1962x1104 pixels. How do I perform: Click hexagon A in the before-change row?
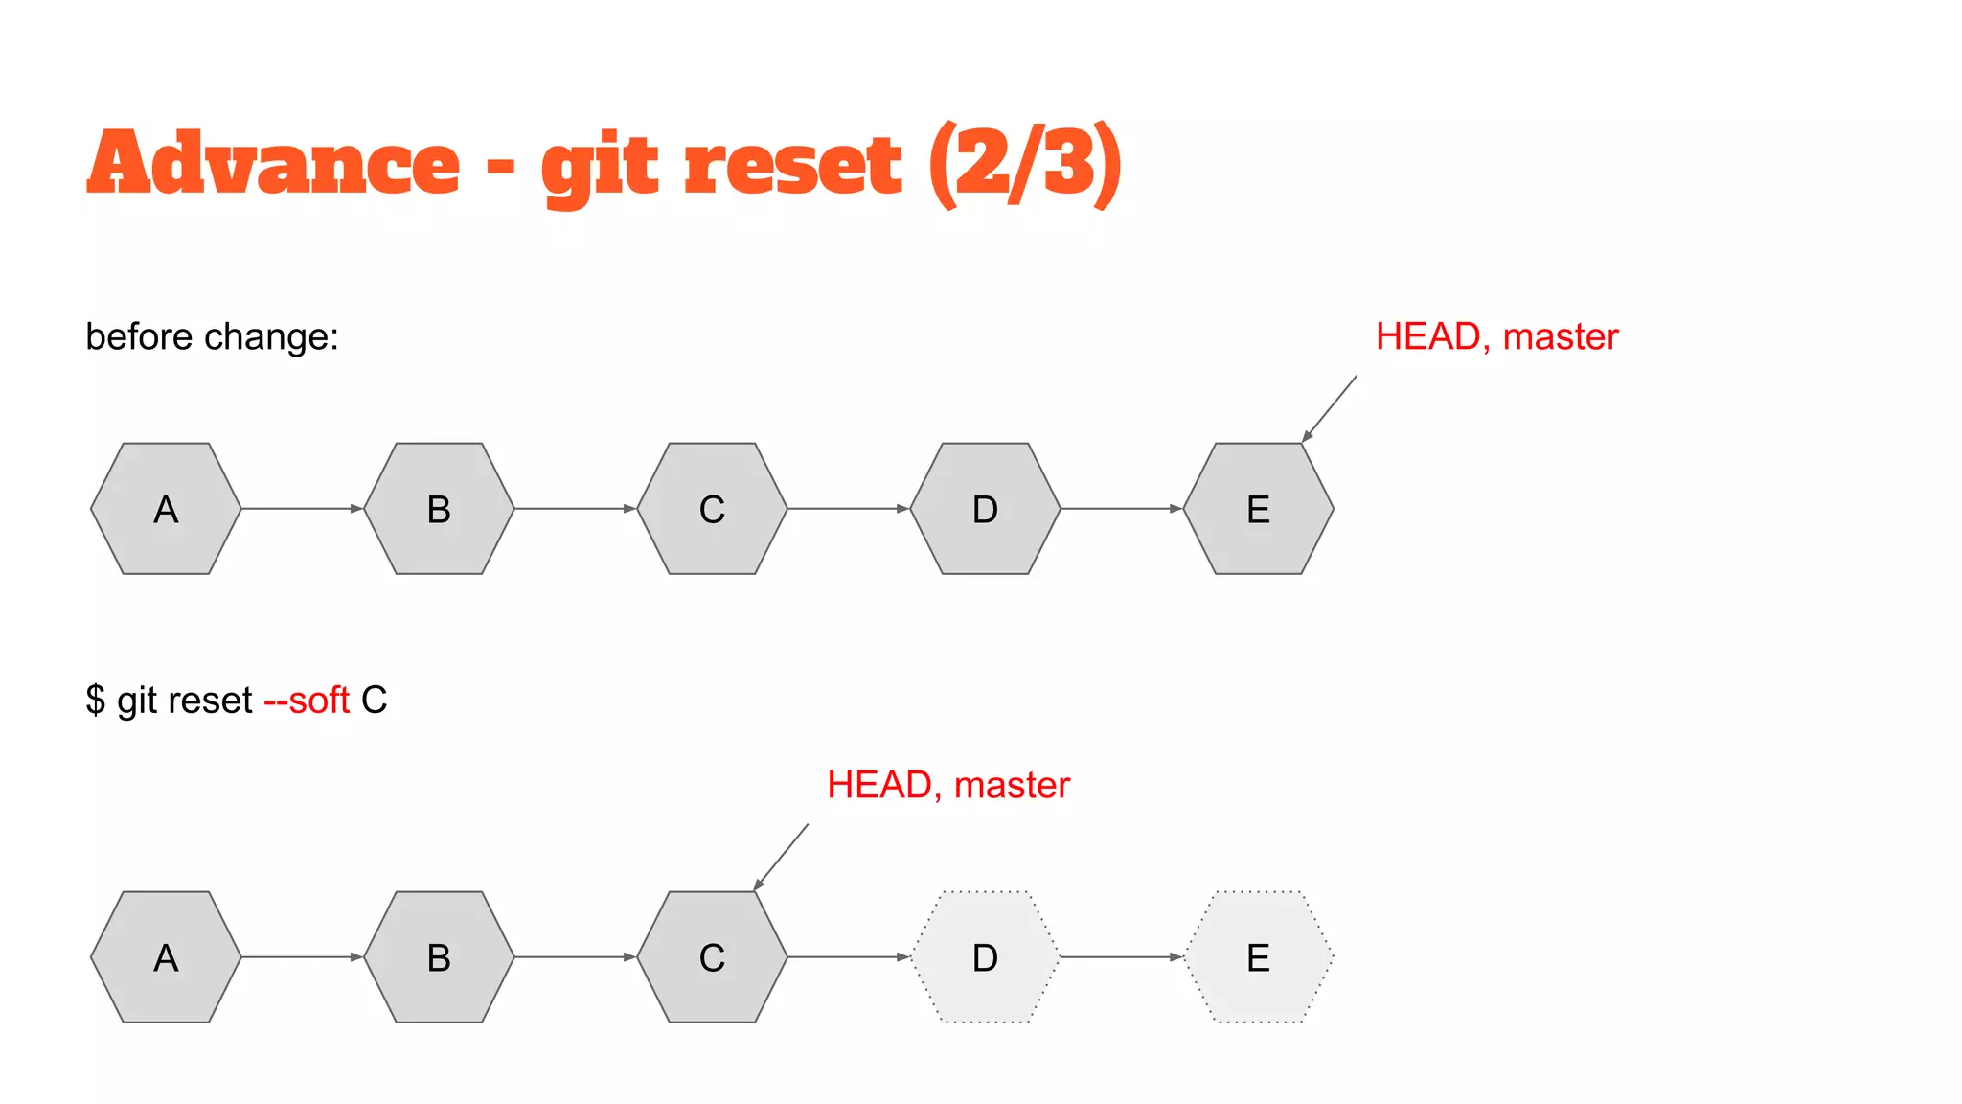[x=166, y=509]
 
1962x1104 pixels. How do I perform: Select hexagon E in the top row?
[x=1258, y=509]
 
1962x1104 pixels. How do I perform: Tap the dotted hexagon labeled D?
[x=985, y=957]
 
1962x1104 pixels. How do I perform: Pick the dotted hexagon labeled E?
[x=1258, y=957]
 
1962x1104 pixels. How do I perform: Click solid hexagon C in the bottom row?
[x=712, y=957]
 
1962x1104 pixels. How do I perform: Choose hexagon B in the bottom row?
[x=439, y=957]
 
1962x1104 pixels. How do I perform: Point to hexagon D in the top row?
[x=985, y=509]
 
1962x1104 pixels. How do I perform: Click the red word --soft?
[x=307, y=701]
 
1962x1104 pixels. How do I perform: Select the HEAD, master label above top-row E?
[x=1496, y=337]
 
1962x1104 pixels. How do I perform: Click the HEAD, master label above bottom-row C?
[x=947, y=786]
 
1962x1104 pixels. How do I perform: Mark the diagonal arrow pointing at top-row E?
[x=1330, y=408]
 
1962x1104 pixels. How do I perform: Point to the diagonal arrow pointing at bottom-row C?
[x=781, y=857]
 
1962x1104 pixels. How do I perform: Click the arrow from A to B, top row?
[x=302, y=509]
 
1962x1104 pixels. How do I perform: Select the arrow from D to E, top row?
[x=1121, y=509]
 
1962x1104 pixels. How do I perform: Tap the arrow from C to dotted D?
[x=848, y=957]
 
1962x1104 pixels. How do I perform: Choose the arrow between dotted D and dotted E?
[x=1121, y=957]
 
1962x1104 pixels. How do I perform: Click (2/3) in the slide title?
[x=1025, y=165]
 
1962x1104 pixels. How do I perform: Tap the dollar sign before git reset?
[x=96, y=701]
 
